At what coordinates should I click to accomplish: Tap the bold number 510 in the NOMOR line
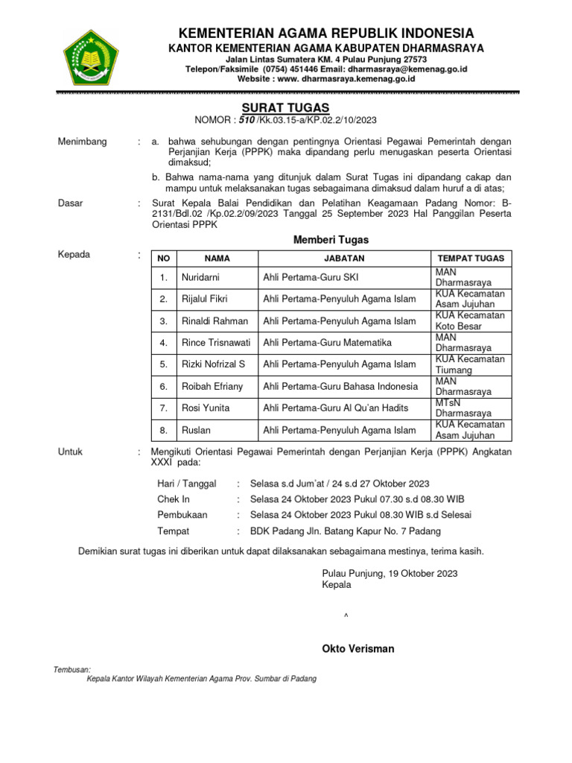point(248,119)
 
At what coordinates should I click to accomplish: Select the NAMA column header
point(217,258)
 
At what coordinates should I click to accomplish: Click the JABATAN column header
point(344,258)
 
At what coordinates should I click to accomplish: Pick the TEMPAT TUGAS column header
point(471,258)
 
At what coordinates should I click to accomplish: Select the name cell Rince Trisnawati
point(216,343)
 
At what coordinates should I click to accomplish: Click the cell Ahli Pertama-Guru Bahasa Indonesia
point(340,386)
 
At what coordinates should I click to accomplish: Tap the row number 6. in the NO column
point(163,386)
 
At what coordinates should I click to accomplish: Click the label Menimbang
point(82,142)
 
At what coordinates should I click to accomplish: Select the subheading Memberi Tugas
point(330,240)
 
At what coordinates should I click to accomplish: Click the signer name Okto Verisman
point(358,648)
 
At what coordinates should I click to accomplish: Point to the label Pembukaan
point(182,515)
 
